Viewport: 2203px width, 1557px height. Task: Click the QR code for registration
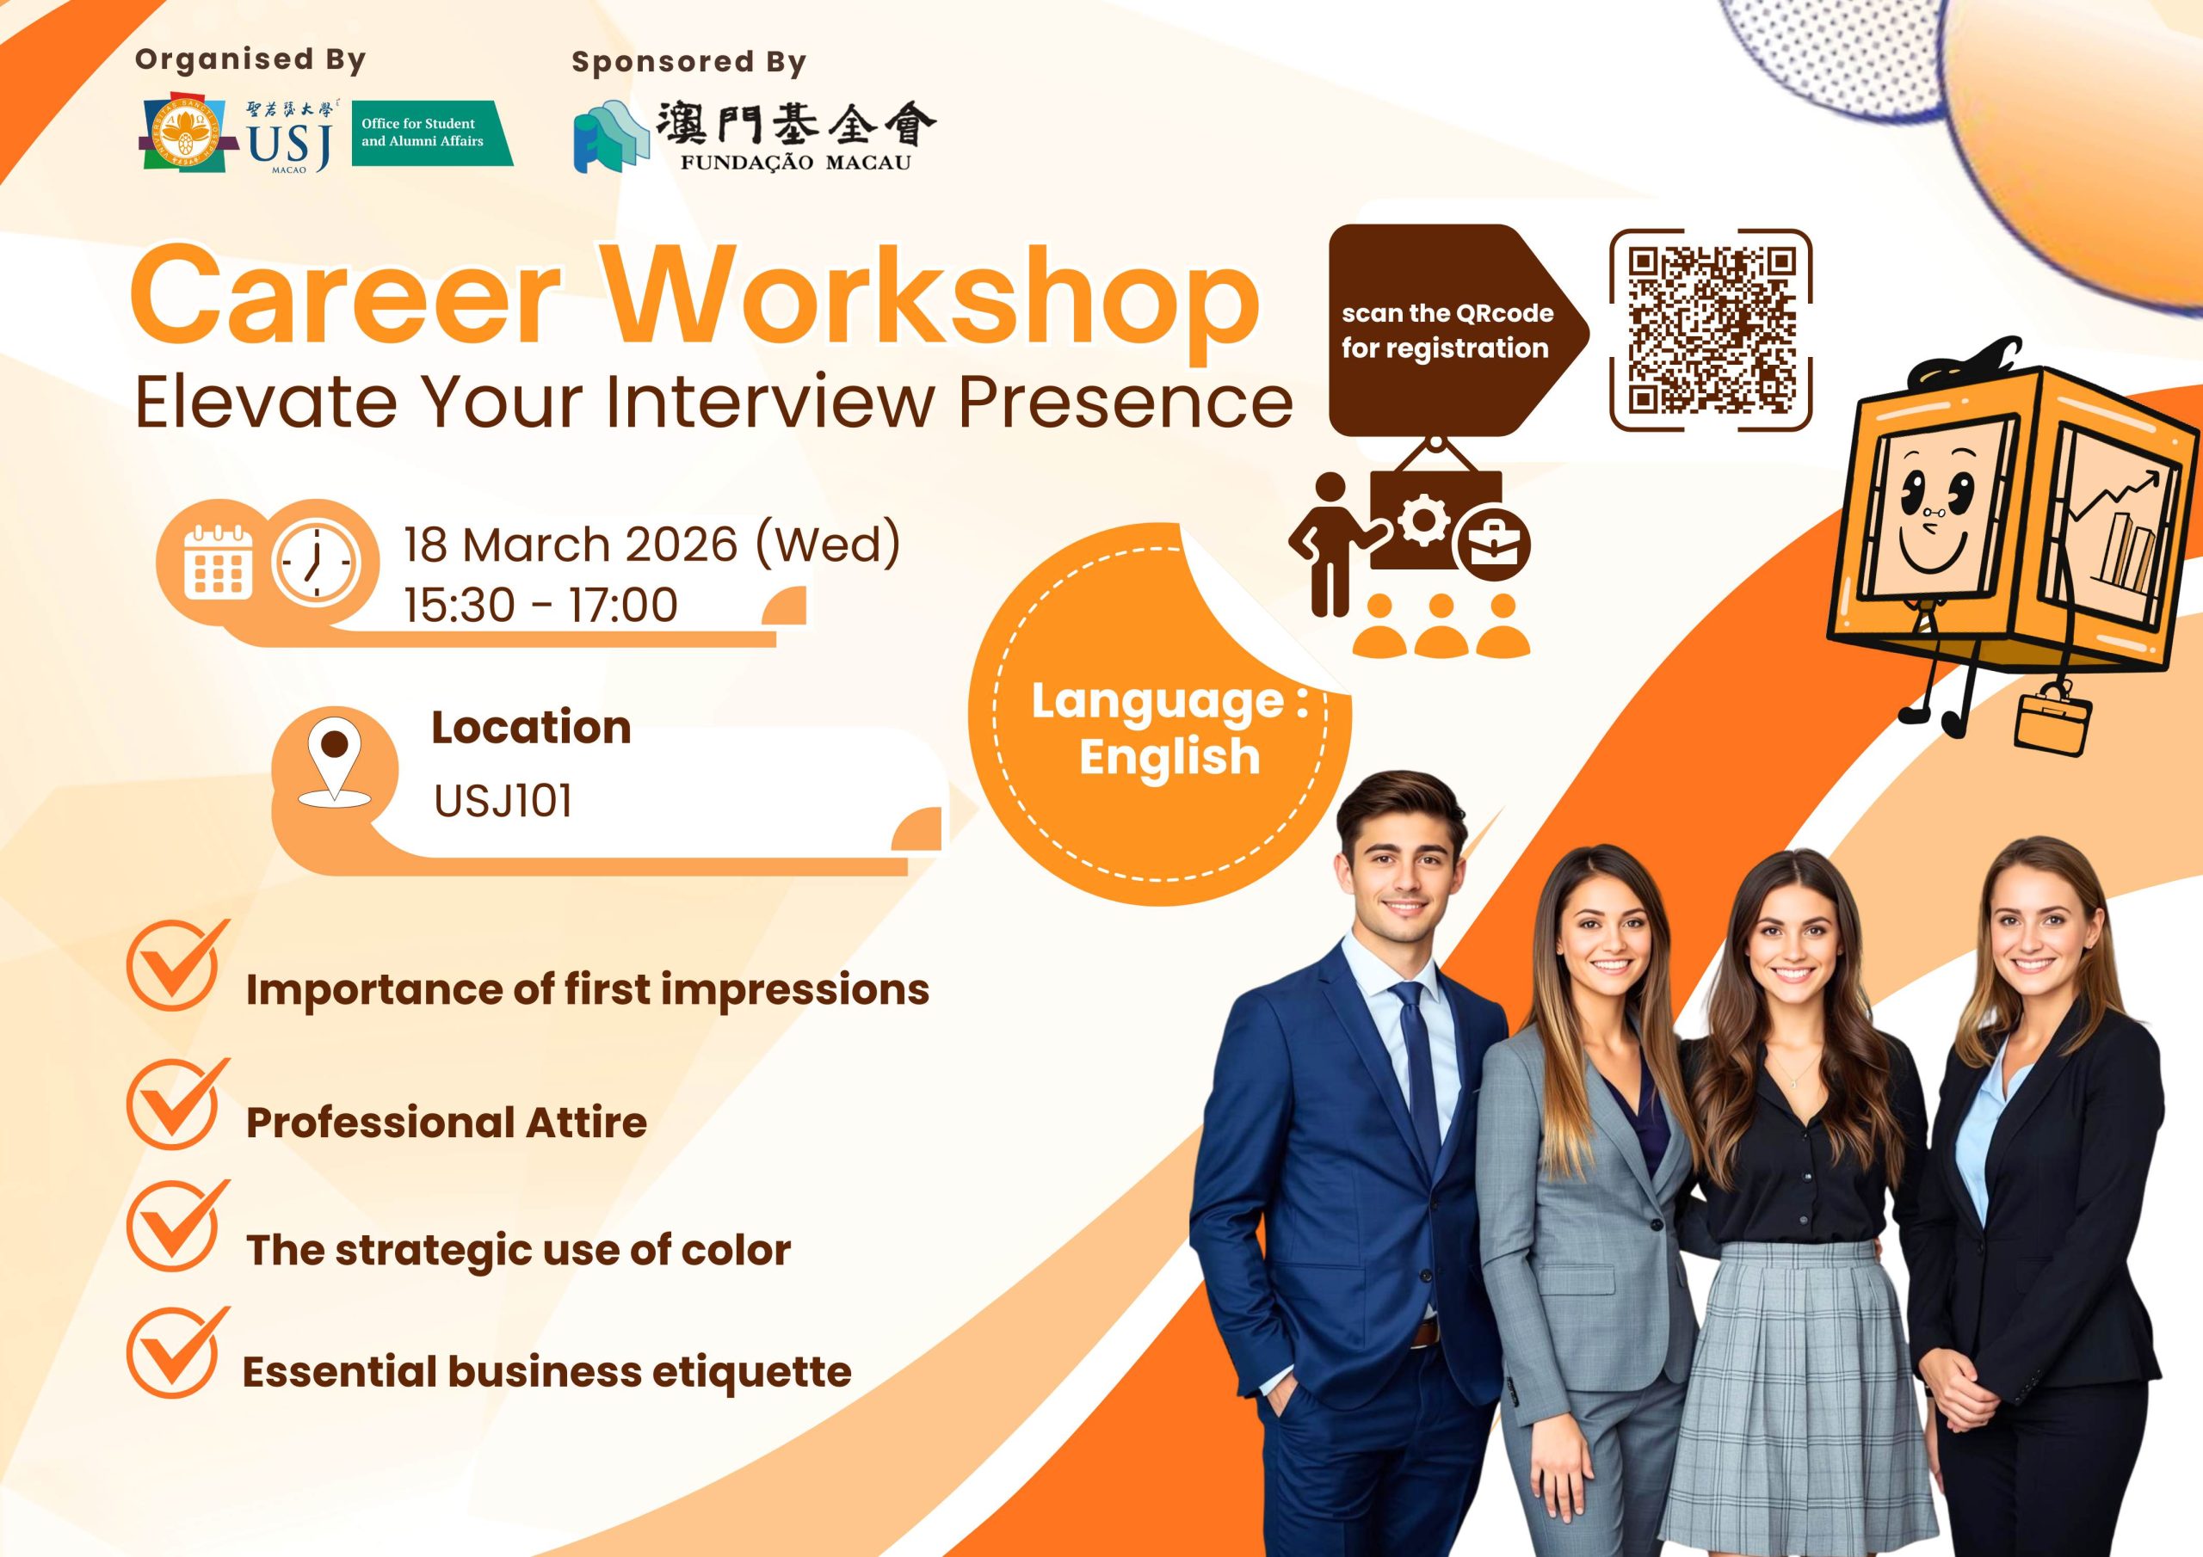[1710, 330]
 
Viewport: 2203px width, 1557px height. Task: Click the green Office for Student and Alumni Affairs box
[432, 132]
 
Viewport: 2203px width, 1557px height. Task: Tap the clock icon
[316, 563]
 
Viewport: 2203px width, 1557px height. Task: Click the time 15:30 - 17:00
[540, 606]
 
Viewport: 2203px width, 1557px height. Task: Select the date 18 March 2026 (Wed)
[651, 545]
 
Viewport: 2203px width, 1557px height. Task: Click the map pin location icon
[334, 766]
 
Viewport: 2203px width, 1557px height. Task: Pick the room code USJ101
[503, 801]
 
